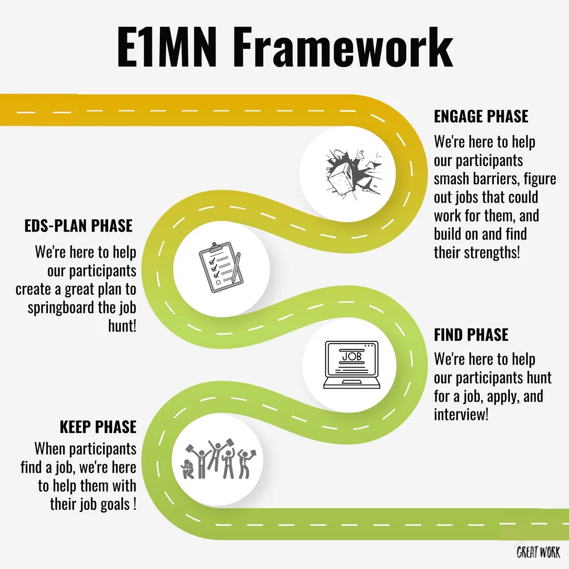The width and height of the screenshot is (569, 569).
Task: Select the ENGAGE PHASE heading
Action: (481, 117)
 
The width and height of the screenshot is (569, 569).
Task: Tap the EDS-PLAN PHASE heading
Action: (79, 225)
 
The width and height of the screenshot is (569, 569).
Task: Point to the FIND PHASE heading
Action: (471, 335)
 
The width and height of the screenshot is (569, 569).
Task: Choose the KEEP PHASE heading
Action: (98, 427)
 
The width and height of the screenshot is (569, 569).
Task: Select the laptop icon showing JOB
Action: (351, 364)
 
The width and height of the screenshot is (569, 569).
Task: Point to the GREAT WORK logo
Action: (538, 551)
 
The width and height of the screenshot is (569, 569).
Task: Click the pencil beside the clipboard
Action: (235, 267)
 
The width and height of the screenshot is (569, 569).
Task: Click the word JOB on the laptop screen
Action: (351, 356)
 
